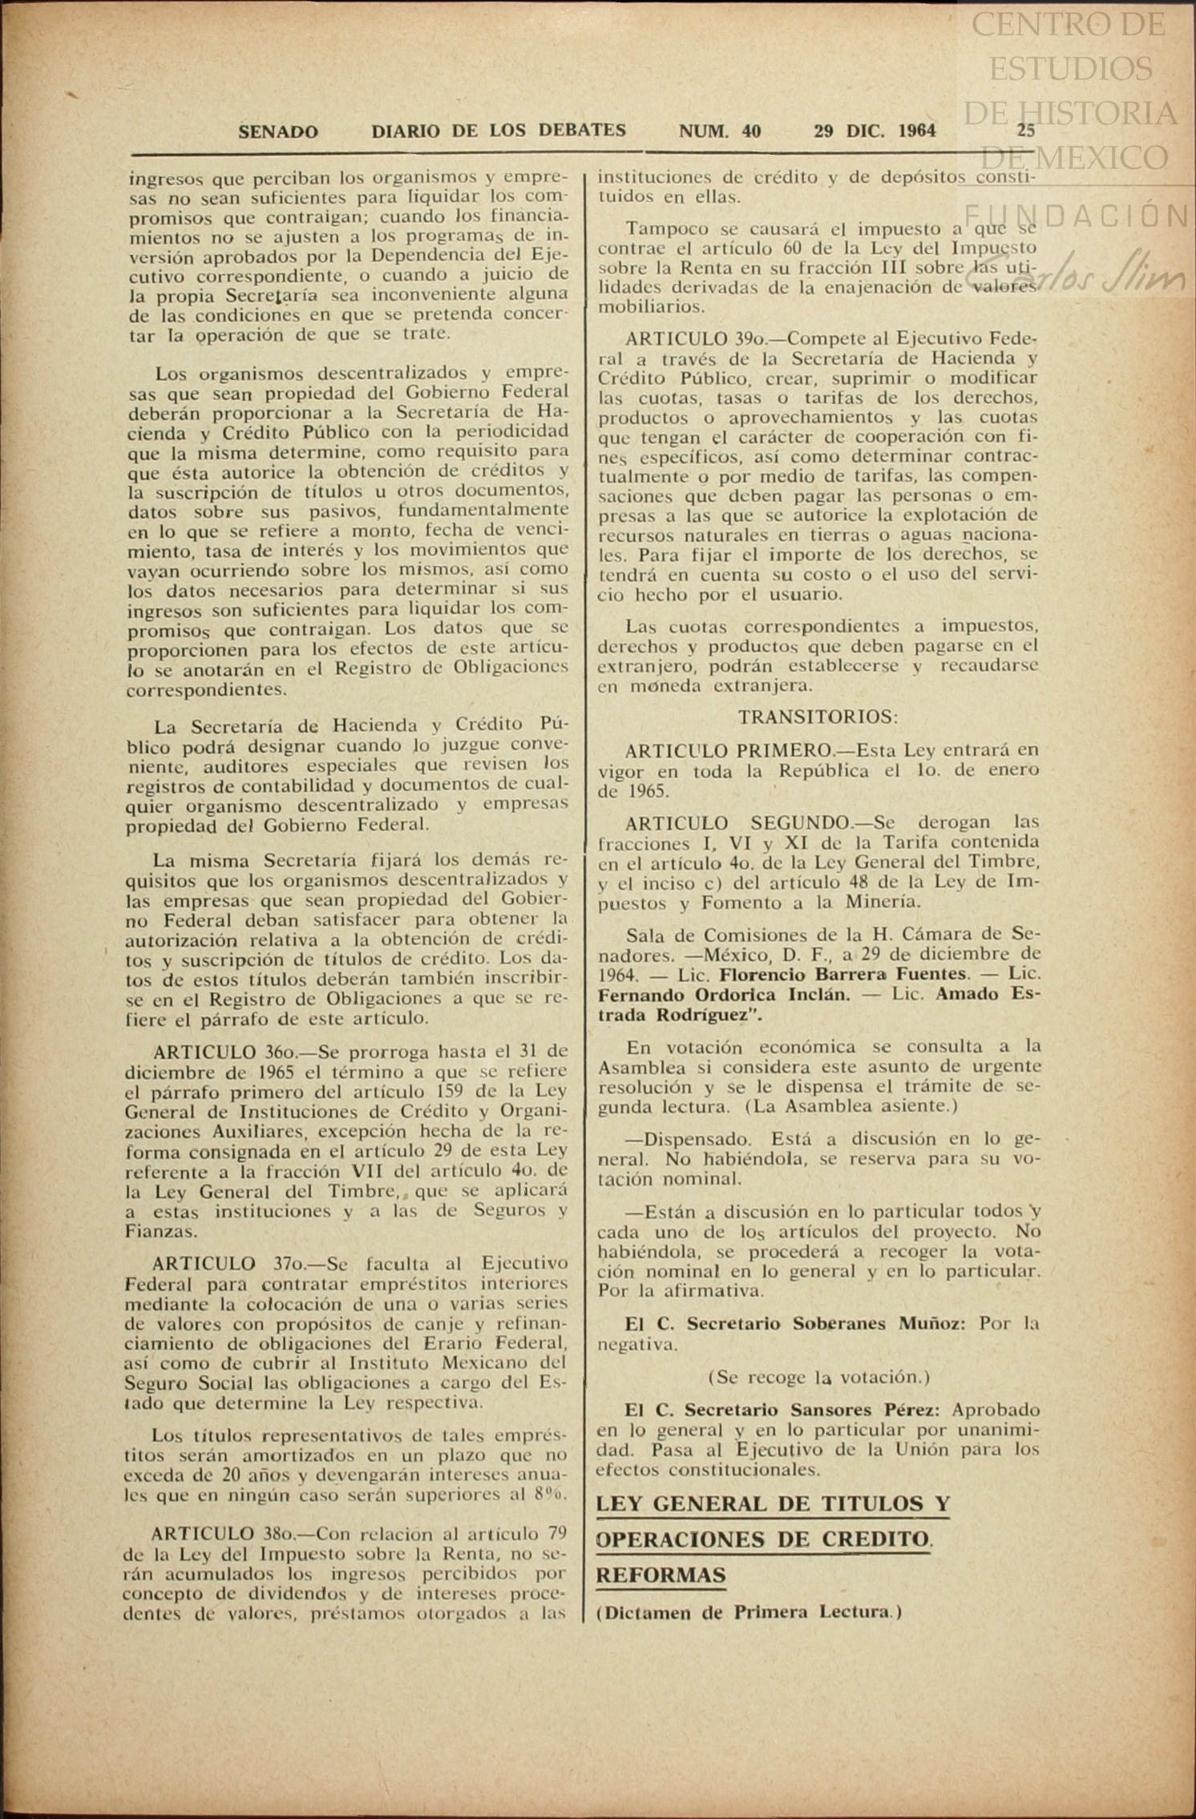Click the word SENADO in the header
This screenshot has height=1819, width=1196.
click(x=277, y=131)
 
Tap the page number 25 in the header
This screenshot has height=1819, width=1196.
click(x=1025, y=130)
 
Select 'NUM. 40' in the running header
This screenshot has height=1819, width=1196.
click(x=719, y=131)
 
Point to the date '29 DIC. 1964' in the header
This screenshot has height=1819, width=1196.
click(x=874, y=131)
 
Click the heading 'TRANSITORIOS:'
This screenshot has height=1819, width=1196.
click(x=818, y=716)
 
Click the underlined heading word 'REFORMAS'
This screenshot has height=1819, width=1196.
click(x=661, y=1574)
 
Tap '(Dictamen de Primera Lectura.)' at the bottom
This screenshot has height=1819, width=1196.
click(x=749, y=1612)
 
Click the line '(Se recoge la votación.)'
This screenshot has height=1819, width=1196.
click(x=818, y=1376)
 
